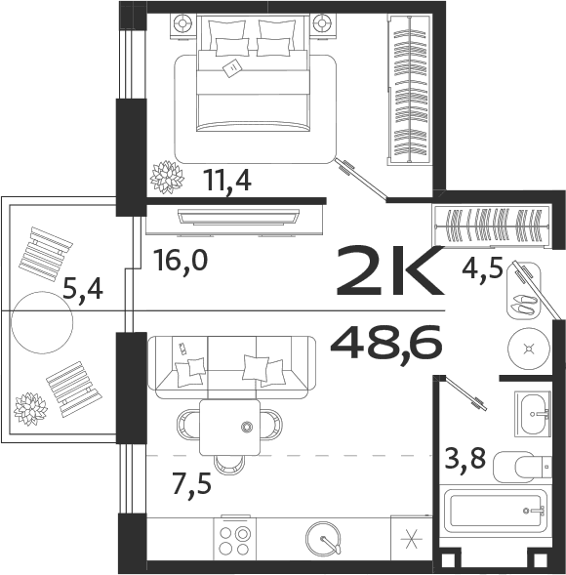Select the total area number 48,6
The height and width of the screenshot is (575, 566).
tap(386, 343)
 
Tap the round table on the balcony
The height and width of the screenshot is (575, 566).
tap(42, 317)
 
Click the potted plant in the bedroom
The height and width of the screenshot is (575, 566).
tap(166, 176)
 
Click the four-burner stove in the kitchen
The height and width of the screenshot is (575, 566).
tap(234, 541)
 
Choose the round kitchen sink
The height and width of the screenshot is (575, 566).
tap(324, 540)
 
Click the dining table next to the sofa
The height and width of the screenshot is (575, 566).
tap(229, 427)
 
